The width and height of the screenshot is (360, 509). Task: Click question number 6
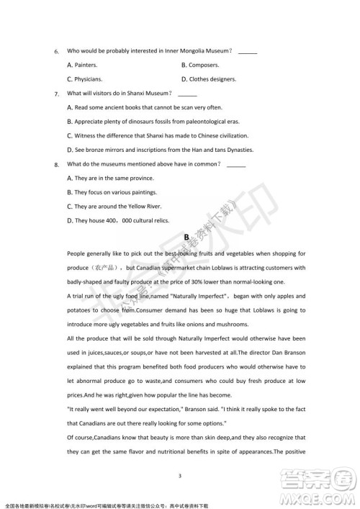[x=56, y=52]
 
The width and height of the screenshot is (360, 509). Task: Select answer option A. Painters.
[x=83, y=65]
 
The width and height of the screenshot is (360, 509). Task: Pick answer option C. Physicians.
[x=84, y=78]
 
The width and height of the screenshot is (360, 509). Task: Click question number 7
[x=56, y=94]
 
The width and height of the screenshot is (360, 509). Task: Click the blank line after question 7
[x=186, y=94]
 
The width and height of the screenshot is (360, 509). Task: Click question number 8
[x=56, y=165]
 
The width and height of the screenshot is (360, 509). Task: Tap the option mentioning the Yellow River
[x=115, y=206]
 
